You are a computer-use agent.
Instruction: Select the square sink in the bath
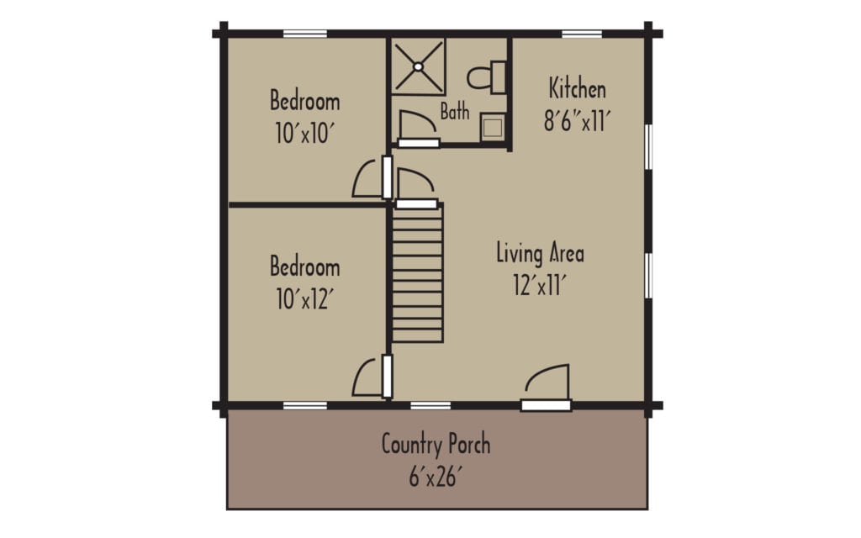click(x=493, y=127)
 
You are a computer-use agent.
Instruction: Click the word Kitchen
click(x=577, y=88)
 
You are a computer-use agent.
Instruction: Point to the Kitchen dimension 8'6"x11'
click(x=576, y=120)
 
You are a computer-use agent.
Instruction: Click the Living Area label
click(x=540, y=252)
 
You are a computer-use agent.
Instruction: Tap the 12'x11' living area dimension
click(x=539, y=286)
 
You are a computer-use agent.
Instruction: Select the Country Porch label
click(x=436, y=443)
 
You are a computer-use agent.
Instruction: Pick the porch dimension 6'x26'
click(x=436, y=476)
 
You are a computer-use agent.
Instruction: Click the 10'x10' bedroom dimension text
click(x=304, y=133)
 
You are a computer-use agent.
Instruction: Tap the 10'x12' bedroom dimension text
click(x=304, y=298)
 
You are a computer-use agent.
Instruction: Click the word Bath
click(x=455, y=110)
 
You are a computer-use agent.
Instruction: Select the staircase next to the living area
click(x=417, y=273)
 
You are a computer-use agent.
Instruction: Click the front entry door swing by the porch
click(x=547, y=383)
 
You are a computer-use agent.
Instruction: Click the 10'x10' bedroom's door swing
click(x=367, y=179)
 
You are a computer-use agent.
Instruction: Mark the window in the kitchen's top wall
click(x=582, y=34)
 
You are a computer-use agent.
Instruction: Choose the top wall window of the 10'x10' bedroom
click(x=304, y=34)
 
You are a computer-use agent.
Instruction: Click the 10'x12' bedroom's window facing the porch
click(x=304, y=406)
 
